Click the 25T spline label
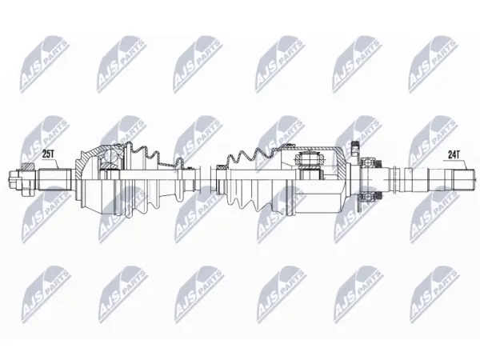[48, 155]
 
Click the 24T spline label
[454, 155]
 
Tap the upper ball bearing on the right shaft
[370, 162]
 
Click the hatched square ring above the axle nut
[28, 166]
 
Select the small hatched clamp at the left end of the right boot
[221, 167]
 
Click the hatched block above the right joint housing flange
[355, 146]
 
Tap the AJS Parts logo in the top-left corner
[45, 64]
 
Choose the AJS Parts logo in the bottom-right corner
[434, 294]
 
